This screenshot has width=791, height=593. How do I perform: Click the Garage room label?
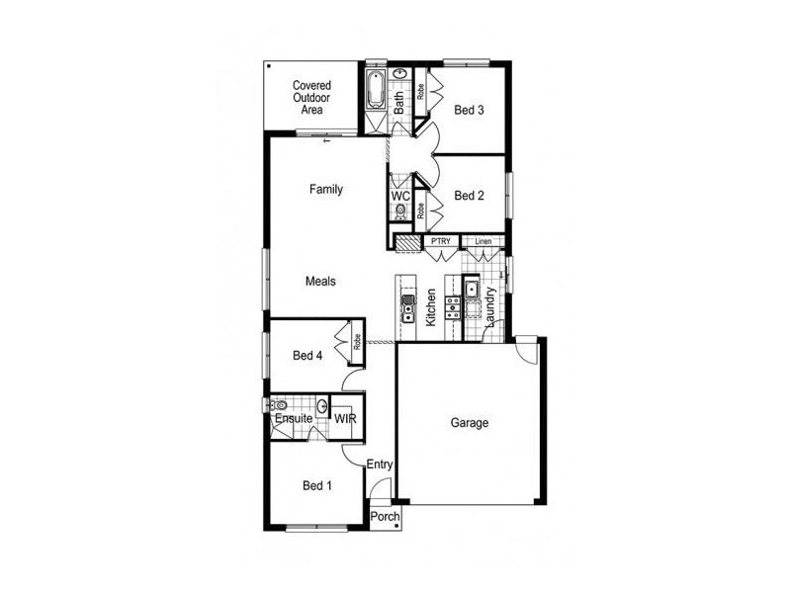point(469,423)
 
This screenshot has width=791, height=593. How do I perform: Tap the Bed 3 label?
point(469,110)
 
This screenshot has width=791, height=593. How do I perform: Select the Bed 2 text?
point(469,195)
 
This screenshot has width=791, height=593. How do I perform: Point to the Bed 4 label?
point(308,356)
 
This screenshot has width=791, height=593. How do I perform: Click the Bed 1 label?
point(316,485)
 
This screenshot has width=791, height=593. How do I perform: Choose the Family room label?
point(326,189)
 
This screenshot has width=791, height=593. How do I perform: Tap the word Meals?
point(320,281)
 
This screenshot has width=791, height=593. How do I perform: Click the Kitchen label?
point(430,307)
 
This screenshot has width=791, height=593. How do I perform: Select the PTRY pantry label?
point(441,241)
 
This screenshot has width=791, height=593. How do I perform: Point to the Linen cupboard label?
point(483,241)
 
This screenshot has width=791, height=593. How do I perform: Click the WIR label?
point(345,418)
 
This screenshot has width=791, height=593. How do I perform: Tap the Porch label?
point(385,516)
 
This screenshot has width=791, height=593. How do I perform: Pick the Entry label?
point(380,465)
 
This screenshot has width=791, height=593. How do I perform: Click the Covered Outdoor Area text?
point(311,97)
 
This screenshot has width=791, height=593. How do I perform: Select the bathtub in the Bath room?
point(375,90)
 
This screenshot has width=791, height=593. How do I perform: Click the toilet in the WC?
point(400,211)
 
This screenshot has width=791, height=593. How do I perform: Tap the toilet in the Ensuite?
point(279,405)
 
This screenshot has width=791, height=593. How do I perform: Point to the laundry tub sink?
point(472,290)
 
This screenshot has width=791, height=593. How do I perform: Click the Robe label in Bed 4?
point(357,342)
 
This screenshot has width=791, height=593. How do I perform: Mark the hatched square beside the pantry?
point(407,243)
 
